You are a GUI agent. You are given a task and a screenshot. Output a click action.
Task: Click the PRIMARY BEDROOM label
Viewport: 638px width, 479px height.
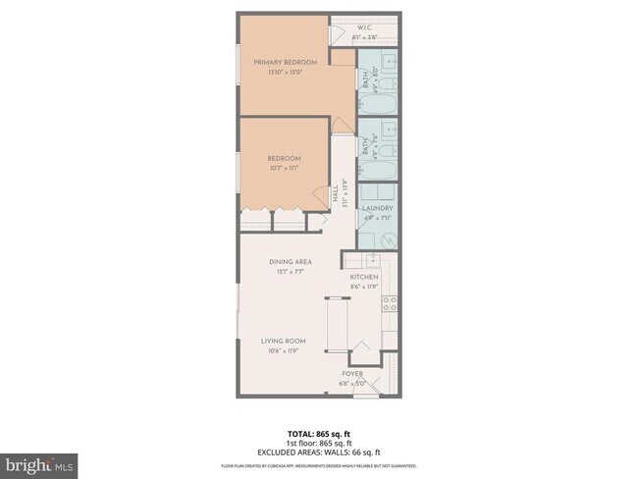click(x=285, y=62)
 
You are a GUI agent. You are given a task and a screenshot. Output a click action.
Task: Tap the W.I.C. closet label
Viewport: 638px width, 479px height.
click(x=363, y=27)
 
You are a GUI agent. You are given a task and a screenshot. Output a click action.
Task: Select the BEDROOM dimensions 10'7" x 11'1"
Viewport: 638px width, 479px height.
click(x=284, y=168)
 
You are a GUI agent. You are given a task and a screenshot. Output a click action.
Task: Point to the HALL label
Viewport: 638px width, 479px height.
click(x=335, y=189)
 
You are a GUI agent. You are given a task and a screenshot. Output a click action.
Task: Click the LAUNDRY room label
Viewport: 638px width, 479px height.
click(x=377, y=208)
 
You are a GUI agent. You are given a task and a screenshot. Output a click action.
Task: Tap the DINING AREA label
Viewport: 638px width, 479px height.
click(x=291, y=262)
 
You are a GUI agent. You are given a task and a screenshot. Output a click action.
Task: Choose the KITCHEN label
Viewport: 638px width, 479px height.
click(x=364, y=277)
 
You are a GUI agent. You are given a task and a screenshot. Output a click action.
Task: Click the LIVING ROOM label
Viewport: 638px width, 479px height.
click(x=281, y=341)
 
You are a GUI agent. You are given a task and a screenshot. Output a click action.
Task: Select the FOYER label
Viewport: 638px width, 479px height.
click(x=353, y=374)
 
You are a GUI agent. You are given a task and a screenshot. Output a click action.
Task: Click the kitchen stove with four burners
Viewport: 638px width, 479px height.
click(x=390, y=305)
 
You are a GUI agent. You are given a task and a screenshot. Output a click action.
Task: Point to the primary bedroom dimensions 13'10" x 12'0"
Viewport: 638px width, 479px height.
click(x=285, y=72)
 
